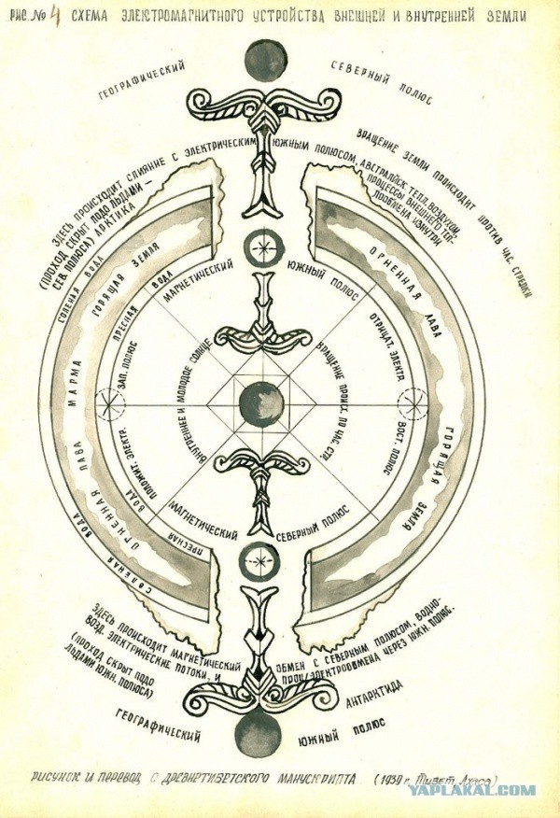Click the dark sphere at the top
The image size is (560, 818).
pyautogui.click(x=260, y=58)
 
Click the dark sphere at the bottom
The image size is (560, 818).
pyautogui.click(x=258, y=732)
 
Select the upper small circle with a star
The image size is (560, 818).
pyautogui.click(x=260, y=247)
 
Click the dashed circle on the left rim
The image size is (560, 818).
pyautogui.click(x=112, y=402)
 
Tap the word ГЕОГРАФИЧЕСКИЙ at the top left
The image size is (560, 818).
pyautogui.click(x=142, y=80)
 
